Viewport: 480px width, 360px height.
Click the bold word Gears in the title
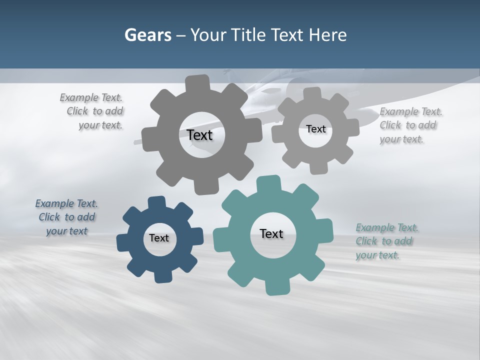[x=147, y=35]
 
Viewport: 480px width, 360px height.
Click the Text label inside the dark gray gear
[x=199, y=135]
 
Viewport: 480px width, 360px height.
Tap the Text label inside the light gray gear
[x=315, y=129]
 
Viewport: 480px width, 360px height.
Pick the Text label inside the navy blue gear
[x=159, y=238]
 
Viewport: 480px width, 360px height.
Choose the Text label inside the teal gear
[x=271, y=233]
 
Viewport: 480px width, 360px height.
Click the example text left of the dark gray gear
[x=93, y=111]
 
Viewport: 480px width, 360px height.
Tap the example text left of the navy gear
[x=66, y=217]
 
